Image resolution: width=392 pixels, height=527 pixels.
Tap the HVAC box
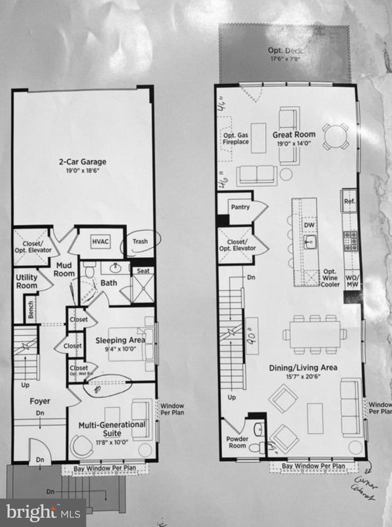point(100,242)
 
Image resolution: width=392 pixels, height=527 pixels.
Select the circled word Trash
point(140,242)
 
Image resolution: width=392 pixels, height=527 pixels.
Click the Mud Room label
point(64,269)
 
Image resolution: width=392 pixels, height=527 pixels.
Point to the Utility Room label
point(26,281)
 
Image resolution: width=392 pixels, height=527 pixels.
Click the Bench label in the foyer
point(31,309)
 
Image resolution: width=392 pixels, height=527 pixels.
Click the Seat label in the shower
point(143,271)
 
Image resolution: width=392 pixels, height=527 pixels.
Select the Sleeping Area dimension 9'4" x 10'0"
point(120,349)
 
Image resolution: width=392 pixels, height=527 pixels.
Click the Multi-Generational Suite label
point(112,428)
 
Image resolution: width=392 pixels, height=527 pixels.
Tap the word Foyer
point(40,401)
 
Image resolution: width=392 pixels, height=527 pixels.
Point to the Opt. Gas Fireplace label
point(236,139)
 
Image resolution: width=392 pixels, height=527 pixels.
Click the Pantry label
point(240,207)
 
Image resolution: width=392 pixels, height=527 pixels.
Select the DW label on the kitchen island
point(309,225)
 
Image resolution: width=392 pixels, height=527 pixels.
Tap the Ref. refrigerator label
point(349,201)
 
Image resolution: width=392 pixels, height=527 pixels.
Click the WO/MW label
point(352,281)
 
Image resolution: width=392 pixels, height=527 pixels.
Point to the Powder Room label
point(237,442)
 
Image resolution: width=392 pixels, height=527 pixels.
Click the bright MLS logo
point(43,513)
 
